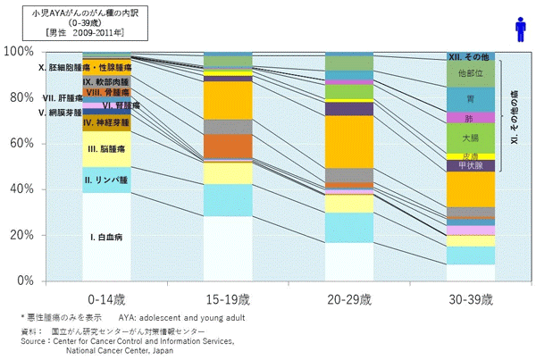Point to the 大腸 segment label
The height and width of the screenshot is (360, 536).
pos(470,138)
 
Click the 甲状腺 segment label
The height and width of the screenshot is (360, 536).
pos(470,165)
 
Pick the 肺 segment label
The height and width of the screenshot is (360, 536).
pos(470,118)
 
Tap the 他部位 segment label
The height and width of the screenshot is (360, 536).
pos(470,72)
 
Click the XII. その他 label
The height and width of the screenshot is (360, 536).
pos(470,56)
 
